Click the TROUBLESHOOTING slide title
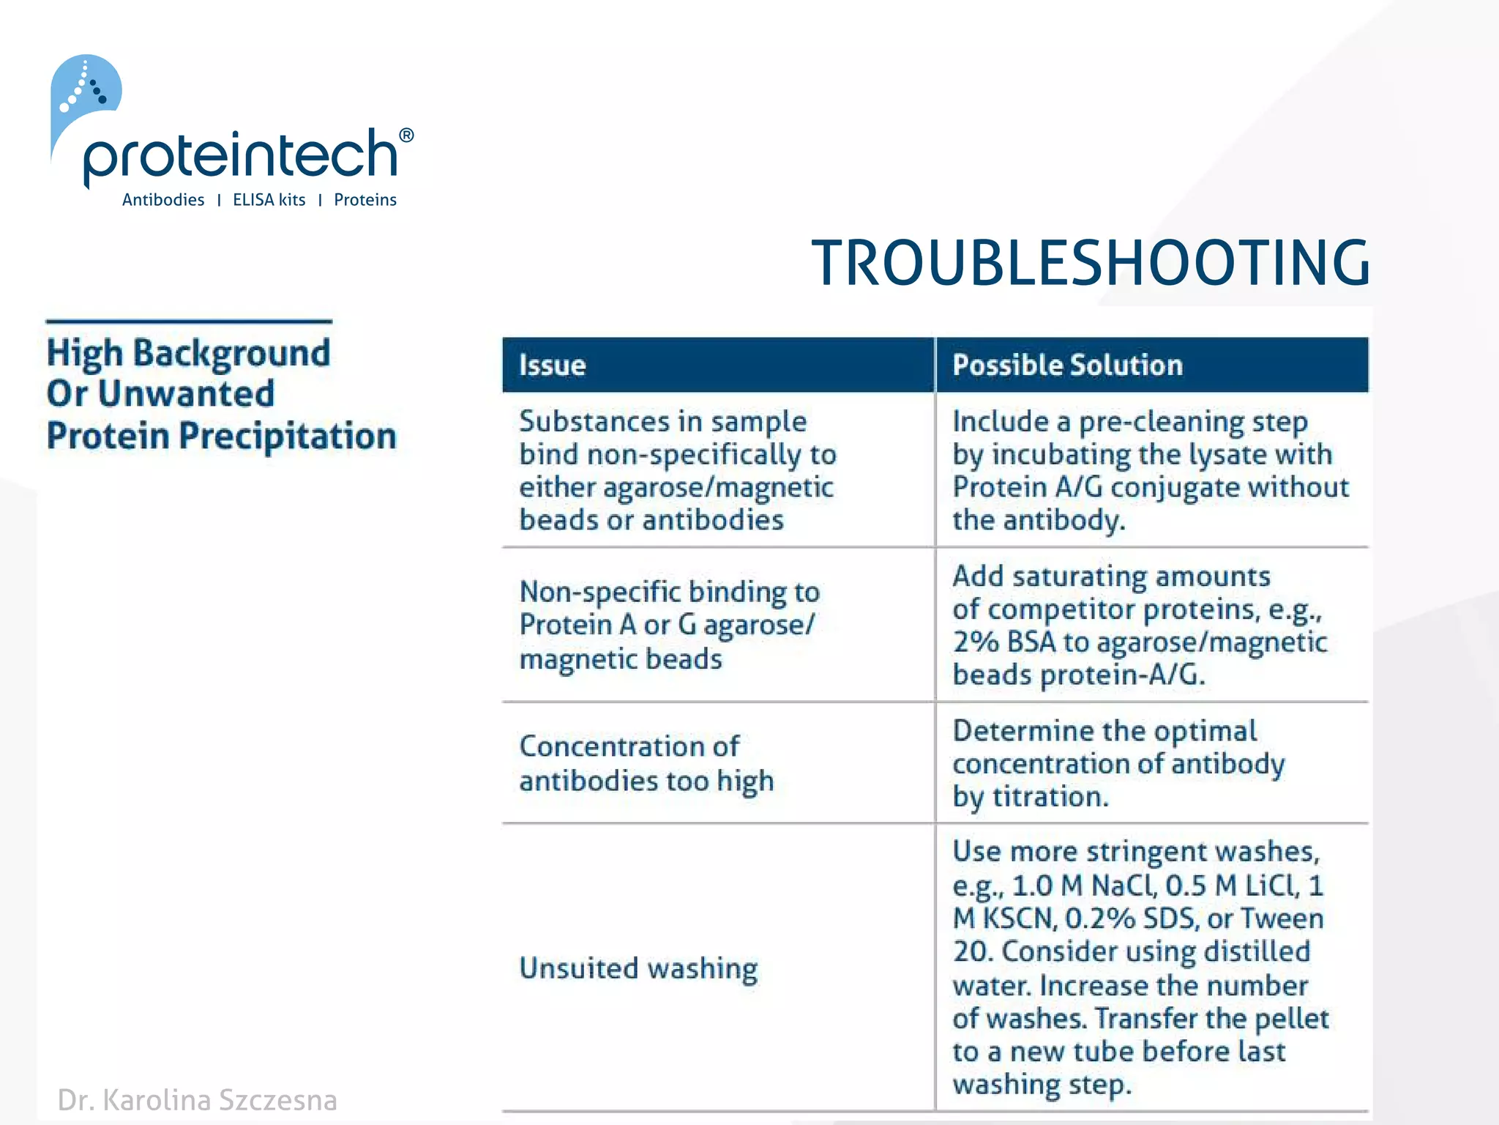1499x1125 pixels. point(1090,263)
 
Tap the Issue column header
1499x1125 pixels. point(553,365)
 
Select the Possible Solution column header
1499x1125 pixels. point(1067,365)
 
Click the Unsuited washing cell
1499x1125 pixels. point(638,968)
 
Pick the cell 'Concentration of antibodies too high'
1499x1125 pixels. point(646,763)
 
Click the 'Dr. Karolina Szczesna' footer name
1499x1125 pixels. point(198,1100)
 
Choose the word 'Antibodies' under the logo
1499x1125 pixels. point(163,200)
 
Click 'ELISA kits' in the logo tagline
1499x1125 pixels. point(269,200)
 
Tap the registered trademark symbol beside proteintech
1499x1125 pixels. point(406,135)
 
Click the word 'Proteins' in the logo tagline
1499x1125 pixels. point(365,200)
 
